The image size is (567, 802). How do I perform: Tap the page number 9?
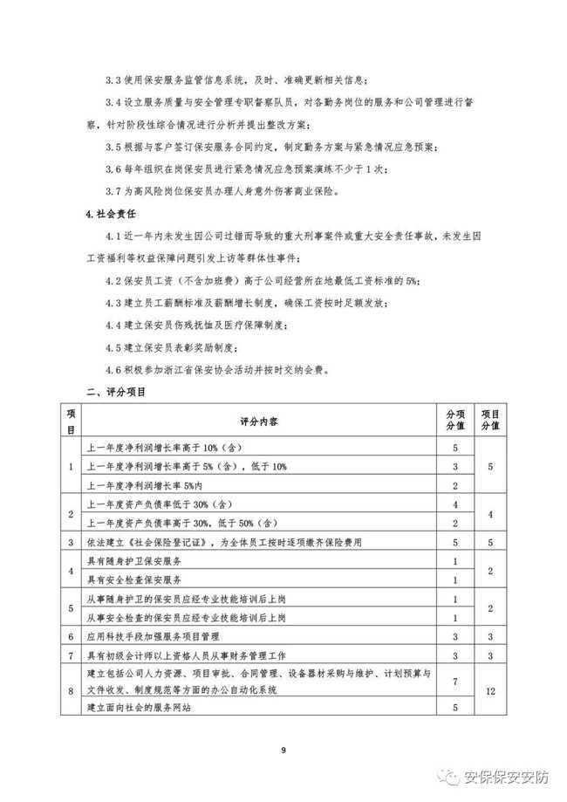(283, 750)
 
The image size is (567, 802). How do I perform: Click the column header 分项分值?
(455, 421)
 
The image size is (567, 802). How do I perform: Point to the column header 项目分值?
(490, 421)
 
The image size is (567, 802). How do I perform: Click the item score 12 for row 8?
(490, 690)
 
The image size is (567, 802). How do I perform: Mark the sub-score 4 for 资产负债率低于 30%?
(455, 504)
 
